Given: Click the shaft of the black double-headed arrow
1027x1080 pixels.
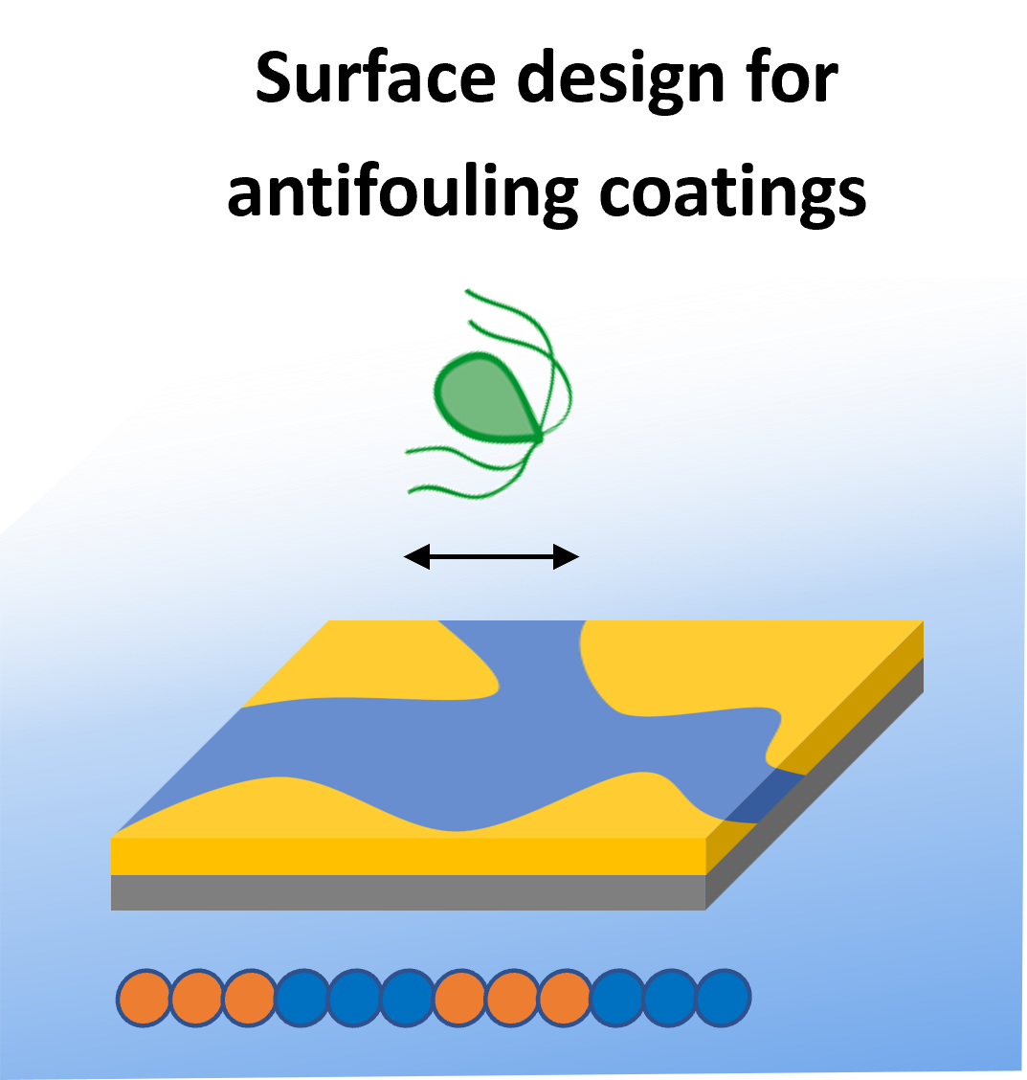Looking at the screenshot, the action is coord(491,556).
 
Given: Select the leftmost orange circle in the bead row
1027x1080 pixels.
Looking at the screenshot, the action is coord(145,998).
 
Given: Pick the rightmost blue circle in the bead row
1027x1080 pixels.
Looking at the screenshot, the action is coord(723,998).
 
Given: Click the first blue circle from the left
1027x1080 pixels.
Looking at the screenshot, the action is coord(302,998).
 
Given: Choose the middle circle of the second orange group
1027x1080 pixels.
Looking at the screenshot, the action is coord(512,998).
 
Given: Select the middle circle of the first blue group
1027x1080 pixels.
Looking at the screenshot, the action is coord(355,998).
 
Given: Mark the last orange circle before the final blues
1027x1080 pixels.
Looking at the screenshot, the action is coord(565,998).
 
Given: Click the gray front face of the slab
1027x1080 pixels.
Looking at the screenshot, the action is coord(408,892).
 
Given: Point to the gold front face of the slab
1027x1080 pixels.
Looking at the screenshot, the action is coord(408,856).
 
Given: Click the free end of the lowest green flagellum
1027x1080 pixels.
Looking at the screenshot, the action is coord(412,491).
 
